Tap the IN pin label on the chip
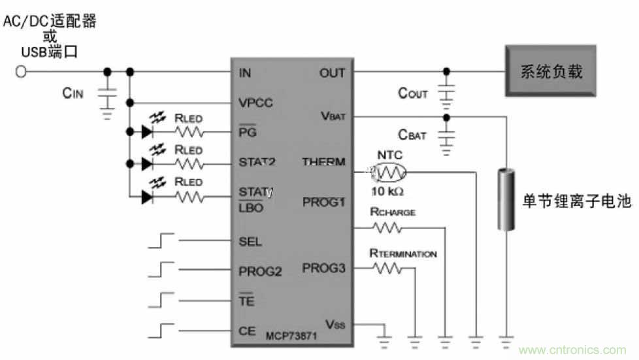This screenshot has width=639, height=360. (x=245, y=73)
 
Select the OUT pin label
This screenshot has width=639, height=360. (x=332, y=73)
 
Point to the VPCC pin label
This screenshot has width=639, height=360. (x=255, y=103)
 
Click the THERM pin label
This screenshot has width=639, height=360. (x=323, y=161)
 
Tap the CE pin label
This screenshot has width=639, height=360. (x=247, y=331)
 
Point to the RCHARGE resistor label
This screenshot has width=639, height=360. (x=392, y=212)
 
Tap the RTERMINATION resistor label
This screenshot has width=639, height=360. (x=403, y=254)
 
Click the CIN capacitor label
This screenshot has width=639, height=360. (x=73, y=93)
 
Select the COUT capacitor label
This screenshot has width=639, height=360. (x=413, y=93)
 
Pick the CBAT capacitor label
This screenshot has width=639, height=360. (x=412, y=135)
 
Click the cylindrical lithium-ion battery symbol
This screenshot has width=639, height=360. (x=505, y=199)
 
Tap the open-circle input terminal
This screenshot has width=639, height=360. (x=21, y=72)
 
